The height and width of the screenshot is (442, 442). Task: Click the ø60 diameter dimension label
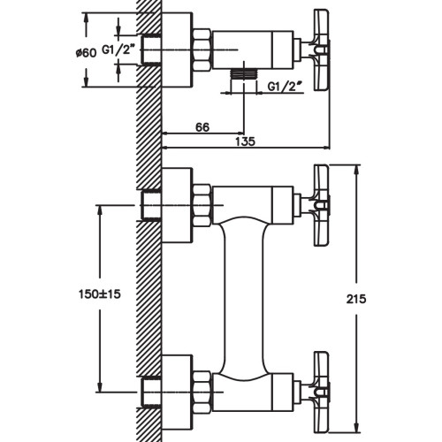(x=86, y=53)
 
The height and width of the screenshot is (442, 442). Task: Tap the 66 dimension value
(x=202, y=127)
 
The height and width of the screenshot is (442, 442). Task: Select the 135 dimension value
(x=245, y=141)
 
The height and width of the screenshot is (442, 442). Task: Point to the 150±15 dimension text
(x=100, y=293)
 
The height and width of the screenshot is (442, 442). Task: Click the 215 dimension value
(x=356, y=299)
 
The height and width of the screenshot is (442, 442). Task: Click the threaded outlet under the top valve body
(x=244, y=75)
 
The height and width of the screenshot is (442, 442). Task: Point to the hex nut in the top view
(x=202, y=50)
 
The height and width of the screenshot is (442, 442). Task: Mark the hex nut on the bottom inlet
(x=202, y=391)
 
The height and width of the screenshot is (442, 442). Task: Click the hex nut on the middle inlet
(x=202, y=205)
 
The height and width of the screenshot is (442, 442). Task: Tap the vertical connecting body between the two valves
(x=244, y=299)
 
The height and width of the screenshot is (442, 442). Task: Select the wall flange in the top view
(x=177, y=50)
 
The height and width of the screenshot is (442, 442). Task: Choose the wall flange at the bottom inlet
(x=177, y=391)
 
